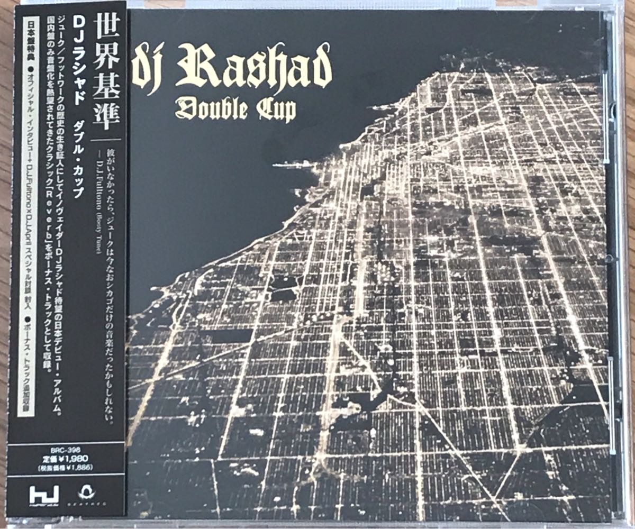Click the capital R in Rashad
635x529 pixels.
(x=193, y=66)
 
